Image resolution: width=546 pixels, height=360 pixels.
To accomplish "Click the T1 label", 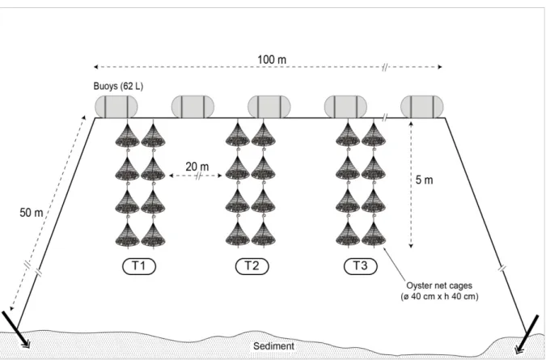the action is (139, 266).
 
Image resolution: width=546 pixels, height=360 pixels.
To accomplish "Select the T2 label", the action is (252, 266).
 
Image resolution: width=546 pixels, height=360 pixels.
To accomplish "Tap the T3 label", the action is (361, 266).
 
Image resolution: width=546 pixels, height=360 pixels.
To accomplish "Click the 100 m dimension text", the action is (272, 60).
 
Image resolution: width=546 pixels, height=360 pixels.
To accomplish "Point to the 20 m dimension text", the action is (197, 167).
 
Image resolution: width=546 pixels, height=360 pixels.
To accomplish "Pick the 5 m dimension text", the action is (424, 180).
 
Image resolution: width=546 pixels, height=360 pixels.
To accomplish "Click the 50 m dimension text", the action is (32, 213).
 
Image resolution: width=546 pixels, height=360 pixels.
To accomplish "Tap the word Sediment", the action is (273, 346).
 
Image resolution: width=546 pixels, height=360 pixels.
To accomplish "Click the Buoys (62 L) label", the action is (118, 87).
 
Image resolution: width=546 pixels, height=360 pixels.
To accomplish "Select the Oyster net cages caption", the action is (439, 291).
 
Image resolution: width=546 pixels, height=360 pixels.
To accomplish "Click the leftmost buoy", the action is (116, 107).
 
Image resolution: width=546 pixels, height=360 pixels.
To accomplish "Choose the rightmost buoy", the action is (422, 107).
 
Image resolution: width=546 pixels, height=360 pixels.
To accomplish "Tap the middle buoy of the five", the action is (269, 107).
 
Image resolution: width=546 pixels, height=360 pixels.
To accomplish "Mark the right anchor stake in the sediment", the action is (528, 333).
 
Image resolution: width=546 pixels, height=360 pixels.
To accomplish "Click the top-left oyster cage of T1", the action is (128, 135).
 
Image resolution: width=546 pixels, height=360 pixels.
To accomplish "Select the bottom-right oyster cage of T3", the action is (374, 235).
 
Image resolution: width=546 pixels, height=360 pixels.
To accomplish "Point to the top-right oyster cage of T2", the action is (263, 135).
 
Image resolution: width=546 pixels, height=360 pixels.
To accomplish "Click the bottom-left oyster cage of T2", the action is (238, 234).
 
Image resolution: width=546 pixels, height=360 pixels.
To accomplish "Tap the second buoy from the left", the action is (193, 107).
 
